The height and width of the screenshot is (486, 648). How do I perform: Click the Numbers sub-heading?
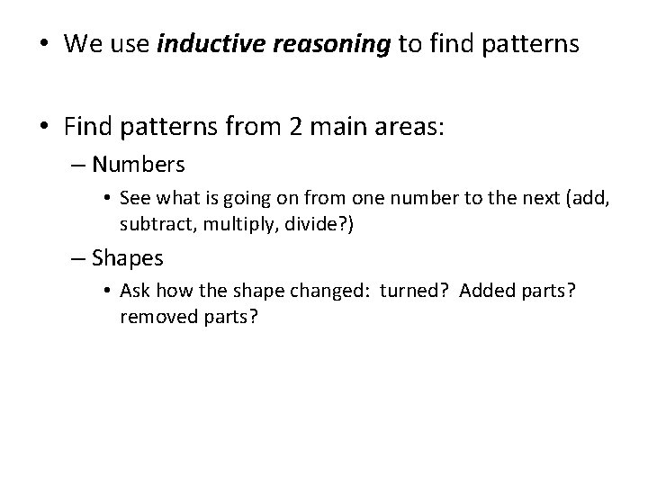click(139, 165)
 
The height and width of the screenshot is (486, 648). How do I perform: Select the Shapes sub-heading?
click(128, 258)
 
